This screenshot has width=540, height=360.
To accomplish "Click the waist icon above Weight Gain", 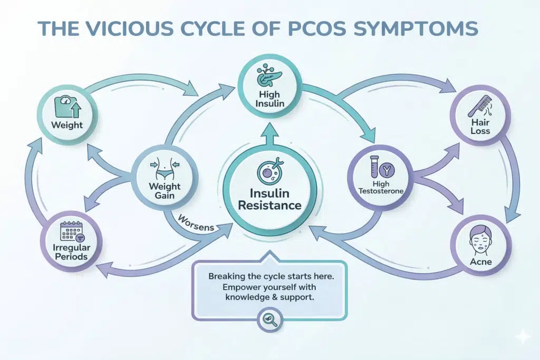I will pos(165,168).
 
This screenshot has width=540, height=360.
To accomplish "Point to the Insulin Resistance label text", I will pos(269,199).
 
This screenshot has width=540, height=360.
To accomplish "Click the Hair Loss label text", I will pos(480,127).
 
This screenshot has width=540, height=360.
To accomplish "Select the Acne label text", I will pos(480,261).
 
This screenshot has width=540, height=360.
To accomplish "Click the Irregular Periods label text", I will pos(70,252).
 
